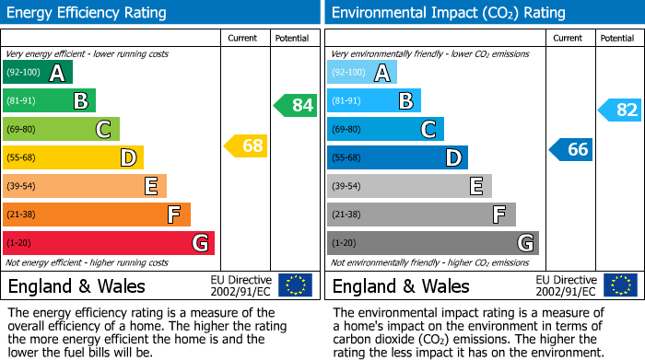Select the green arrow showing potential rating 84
(295, 105)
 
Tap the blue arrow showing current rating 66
(570, 149)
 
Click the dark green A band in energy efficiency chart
(38, 73)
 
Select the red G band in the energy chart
(109, 243)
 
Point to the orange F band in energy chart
(97, 215)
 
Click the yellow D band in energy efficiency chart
(73, 157)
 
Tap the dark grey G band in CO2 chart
(432, 243)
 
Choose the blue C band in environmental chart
(385, 129)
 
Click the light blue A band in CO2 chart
(362, 73)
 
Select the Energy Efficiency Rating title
(88, 13)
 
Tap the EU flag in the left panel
(295, 285)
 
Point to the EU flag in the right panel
(620, 285)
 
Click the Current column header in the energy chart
(243, 38)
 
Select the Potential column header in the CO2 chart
(617, 38)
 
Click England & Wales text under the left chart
(76, 286)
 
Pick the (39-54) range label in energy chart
(22, 186)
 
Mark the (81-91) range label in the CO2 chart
(346, 100)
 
